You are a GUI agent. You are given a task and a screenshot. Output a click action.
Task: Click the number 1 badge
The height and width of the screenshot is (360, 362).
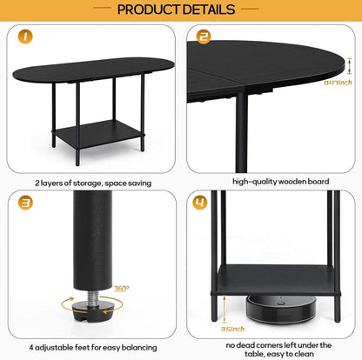tap(25, 37)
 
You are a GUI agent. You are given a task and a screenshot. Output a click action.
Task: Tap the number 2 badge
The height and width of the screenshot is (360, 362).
tap(204, 37)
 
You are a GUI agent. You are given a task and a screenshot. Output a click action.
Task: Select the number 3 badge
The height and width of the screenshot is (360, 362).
tap(25, 203)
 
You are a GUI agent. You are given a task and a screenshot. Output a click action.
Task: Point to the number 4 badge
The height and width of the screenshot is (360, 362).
tap(200, 202)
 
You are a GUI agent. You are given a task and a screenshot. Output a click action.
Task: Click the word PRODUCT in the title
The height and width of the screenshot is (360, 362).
tap(149, 10)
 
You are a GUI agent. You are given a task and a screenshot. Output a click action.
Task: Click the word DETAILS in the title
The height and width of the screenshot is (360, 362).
tap(210, 10)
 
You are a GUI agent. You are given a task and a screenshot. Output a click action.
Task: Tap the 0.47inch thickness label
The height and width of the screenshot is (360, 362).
tap(338, 83)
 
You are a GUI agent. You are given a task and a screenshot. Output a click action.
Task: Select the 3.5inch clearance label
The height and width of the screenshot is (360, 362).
tap(232, 329)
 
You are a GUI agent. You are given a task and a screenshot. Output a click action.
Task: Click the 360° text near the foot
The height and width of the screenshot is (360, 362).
tap(121, 289)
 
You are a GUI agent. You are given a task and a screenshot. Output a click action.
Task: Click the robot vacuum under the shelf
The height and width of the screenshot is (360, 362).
tap(281, 309)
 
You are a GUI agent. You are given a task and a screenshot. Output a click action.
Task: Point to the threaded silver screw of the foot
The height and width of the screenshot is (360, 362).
tap(93, 297)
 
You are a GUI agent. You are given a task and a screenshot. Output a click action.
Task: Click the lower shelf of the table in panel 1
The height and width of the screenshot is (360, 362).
tap(98, 134)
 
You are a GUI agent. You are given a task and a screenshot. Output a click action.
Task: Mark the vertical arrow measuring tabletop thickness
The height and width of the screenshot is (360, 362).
tap(350, 66)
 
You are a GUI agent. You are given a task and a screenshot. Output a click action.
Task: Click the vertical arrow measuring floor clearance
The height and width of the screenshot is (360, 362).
tap(225, 309)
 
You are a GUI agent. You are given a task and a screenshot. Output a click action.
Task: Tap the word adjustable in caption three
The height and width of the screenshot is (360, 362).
tap(54, 348)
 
